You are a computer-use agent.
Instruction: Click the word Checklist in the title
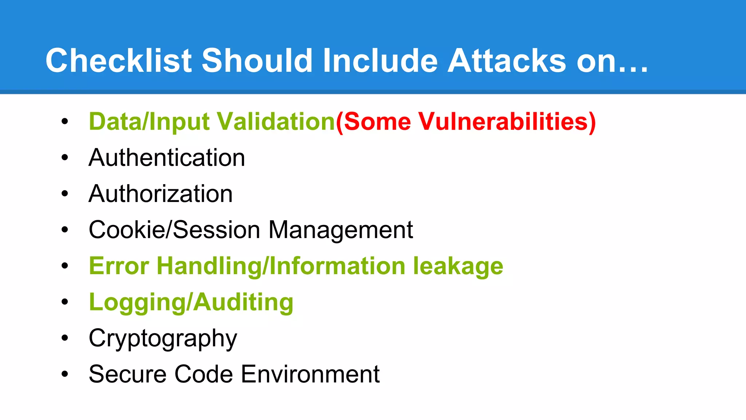coord(118,61)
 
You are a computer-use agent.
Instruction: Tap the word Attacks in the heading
coord(506,61)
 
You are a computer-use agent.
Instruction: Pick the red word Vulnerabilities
coord(506,121)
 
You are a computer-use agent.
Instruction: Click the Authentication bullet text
coord(167,158)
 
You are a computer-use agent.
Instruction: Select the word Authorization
coord(161,194)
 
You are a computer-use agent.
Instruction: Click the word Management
coord(341,230)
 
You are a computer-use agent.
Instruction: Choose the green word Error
coord(119,266)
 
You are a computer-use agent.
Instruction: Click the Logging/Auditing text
coord(191,302)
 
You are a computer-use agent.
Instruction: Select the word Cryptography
coord(163,338)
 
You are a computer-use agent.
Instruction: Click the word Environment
coord(310,374)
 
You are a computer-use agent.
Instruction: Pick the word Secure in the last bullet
coord(128,374)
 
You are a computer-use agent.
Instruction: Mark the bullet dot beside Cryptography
coord(65,338)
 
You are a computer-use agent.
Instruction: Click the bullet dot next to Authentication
coord(65,157)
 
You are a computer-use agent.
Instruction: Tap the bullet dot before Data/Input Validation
coord(65,121)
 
